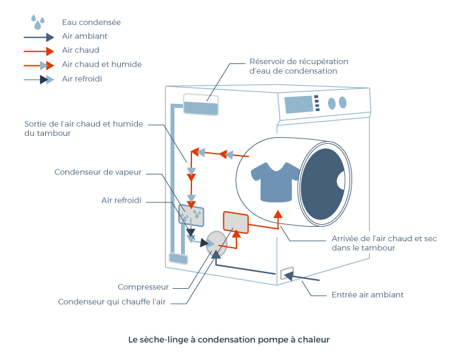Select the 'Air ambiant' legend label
tap(84, 37)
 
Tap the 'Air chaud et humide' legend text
tap(101, 65)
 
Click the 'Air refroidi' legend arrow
tap(39, 79)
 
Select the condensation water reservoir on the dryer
tap(200, 105)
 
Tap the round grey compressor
tap(216, 243)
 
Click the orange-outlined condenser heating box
tap(235, 223)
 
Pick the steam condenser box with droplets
tap(191, 214)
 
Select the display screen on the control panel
tap(298, 104)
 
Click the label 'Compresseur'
tap(143, 287)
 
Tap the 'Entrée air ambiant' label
tap(367, 295)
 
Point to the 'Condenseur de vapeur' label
tap(97, 172)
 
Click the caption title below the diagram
tap(229, 340)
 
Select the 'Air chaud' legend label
tap(80, 50)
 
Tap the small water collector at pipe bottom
tap(177, 258)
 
